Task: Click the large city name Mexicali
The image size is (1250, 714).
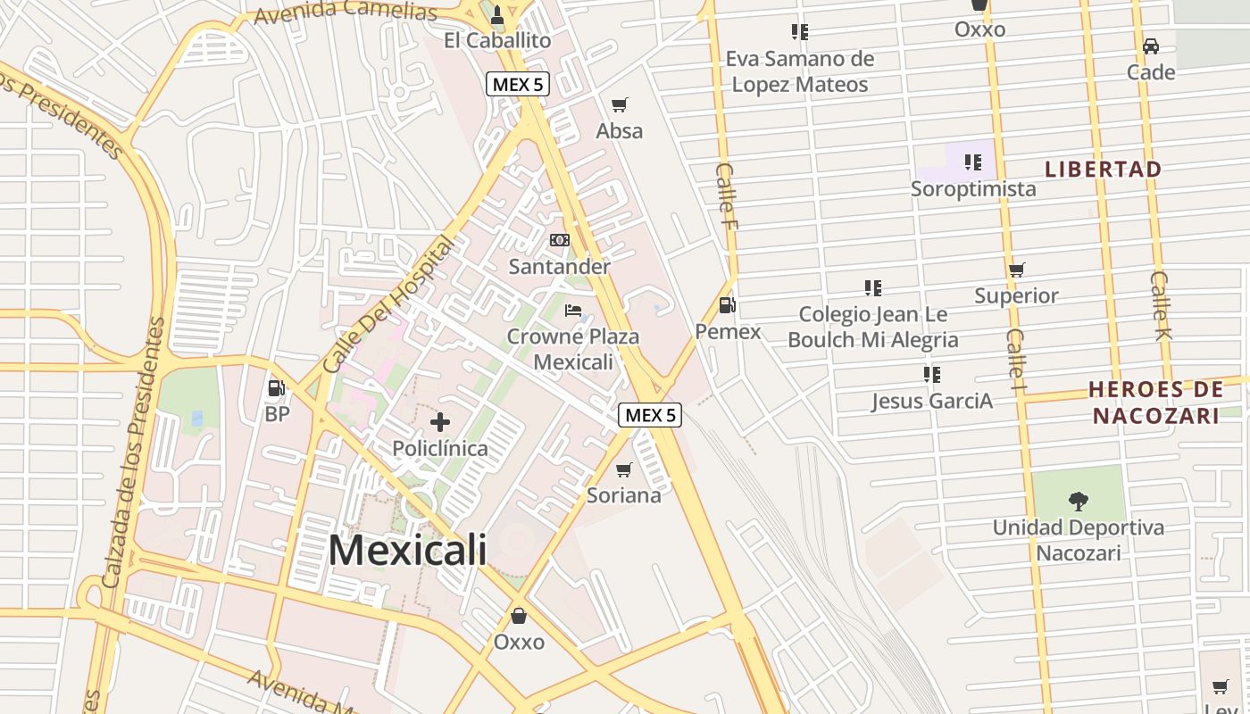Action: click(408, 550)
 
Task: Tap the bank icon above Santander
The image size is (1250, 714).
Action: click(560, 240)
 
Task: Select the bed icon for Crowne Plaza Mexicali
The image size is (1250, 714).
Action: click(573, 311)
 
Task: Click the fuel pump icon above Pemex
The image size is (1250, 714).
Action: click(728, 305)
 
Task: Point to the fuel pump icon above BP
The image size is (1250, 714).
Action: click(277, 388)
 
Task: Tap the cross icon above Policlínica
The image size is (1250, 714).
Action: click(440, 422)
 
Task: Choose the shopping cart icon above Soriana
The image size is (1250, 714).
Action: click(624, 469)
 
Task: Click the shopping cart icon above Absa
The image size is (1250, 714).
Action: click(620, 104)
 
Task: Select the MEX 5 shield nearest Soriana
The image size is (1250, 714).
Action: click(650, 415)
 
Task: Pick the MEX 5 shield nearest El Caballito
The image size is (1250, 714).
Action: click(517, 85)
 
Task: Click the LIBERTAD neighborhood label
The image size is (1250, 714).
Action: click(1104, 169)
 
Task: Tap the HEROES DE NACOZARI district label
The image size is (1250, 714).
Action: click(1156, 403)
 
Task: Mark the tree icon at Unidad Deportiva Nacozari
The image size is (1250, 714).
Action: click(1078, 502)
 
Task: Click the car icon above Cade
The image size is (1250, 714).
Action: click(1151, 46)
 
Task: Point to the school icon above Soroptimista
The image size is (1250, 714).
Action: click(973, 162)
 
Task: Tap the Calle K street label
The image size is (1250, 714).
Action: click(1161, 306)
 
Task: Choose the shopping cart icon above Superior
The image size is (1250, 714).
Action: click(1016, 270)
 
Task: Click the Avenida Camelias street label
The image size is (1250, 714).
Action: click(346, 12)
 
